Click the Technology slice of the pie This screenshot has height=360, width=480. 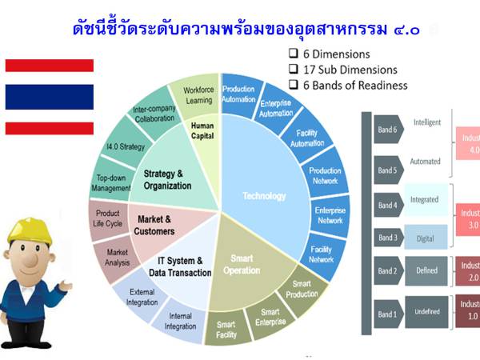click(264, 196)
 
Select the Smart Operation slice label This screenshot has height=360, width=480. click(242, 265)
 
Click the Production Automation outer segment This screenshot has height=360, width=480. click(238, 94)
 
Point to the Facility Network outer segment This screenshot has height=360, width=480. click(322, 254)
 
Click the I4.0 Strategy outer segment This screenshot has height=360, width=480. click(126, 147)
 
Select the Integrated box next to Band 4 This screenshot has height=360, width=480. click(424, 198)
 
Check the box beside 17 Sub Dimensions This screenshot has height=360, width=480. click(294, 70)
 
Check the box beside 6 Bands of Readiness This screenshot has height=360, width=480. click(294, 85)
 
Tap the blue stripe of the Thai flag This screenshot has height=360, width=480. click(49, 97)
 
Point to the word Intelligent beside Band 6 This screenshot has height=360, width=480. click(427, 122)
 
